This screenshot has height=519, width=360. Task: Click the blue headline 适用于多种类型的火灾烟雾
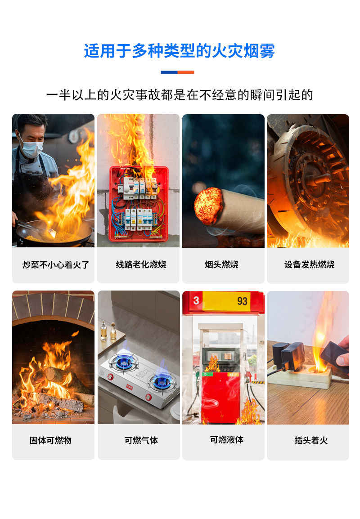pos(179,51)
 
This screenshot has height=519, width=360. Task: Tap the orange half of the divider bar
pos(186,72)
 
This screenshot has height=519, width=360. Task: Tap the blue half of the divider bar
pos(169,72)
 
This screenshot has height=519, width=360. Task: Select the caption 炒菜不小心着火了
pos(56,265)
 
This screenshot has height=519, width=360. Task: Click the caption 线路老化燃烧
pos(141,264)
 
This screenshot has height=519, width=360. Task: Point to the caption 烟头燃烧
pos(221,264)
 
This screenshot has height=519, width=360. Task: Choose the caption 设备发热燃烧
pos(309,264)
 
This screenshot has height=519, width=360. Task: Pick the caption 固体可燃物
pos(50,440)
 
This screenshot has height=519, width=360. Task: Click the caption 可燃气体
pos(141,440)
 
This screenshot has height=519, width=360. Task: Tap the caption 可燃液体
pos(226,439)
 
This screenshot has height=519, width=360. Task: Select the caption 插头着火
pos(311,440)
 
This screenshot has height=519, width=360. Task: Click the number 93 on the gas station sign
pos(242,301)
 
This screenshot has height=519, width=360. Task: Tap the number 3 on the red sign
pos(196,300)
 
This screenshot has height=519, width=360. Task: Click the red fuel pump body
pos(220,397)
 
